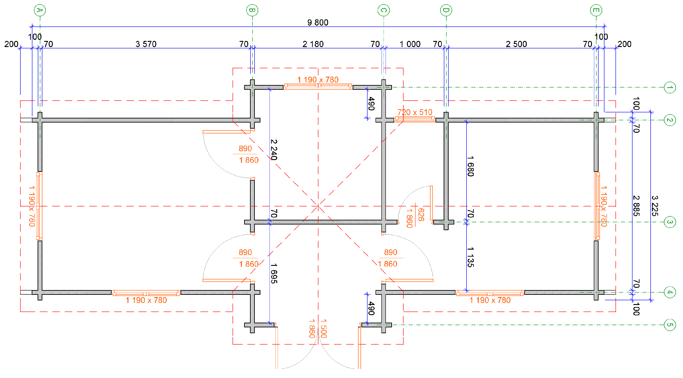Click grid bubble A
tap(40, 10)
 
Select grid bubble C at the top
tap(383, 10)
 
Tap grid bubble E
tap(596, 10)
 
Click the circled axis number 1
tap(670, 87)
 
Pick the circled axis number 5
tap(670, 325)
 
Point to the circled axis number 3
tap(670, 222)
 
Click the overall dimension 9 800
tap(318, 23)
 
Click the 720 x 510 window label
tap(415, 112)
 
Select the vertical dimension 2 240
tap(274, 150)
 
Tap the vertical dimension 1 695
tap(274, 274)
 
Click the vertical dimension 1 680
tap(470, 166)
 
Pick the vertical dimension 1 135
tap(470, 257)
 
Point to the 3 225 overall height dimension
tap(655, 206)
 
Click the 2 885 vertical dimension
tap(636, 206)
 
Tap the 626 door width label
tap(421, 215)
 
